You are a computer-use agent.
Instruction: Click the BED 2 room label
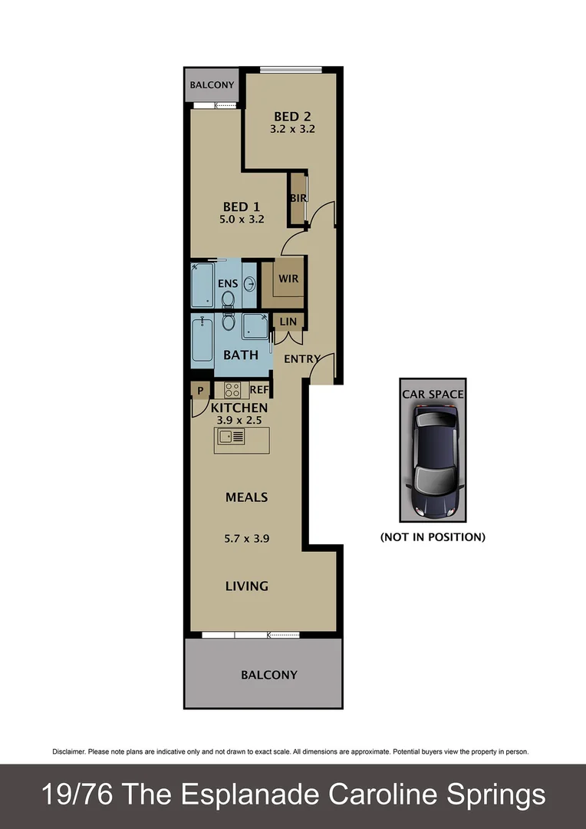click(292, 117)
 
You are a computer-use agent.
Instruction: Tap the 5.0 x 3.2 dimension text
click(244, 219)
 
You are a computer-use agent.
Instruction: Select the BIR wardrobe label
click(298, 198)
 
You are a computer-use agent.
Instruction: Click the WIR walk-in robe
click(288, 279)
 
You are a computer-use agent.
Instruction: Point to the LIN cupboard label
click(288, 321)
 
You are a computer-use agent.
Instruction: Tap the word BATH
click(240, 355)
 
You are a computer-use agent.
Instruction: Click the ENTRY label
click(301, 358)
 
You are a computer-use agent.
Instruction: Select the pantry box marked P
click(200, 390)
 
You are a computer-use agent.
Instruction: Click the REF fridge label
click(258, 390)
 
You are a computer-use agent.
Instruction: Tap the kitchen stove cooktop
click(232, 390)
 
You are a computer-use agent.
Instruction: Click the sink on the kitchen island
click(231, 437)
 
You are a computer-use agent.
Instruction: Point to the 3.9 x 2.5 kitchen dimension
click(240, 420)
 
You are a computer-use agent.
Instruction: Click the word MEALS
click(246, 497)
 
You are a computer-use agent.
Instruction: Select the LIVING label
click(246, 586)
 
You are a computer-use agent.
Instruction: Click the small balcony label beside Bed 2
click(212, 84)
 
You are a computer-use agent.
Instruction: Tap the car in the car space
click(433, 461)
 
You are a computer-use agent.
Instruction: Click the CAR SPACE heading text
click(433, 395)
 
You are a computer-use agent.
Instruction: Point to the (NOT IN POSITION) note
click(433, 537)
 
